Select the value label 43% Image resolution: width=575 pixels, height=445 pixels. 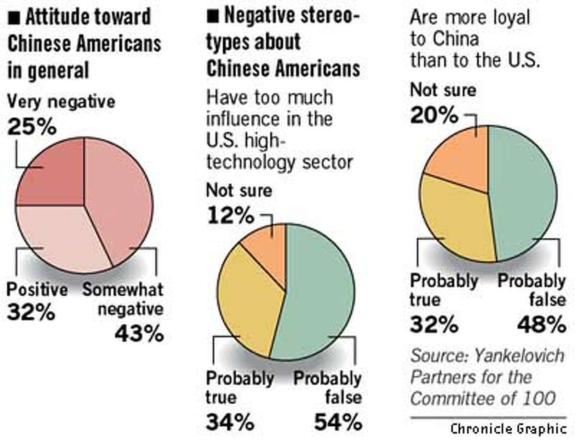[x=138, y=334]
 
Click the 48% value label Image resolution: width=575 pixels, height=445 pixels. [x=541, y=326]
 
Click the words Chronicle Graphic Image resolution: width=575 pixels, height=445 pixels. [x=508, y=429]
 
